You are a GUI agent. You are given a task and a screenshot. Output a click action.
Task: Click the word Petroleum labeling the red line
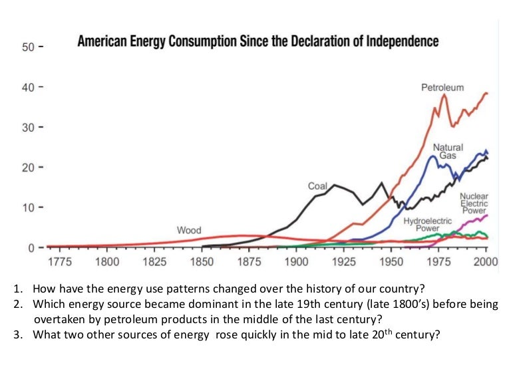coord(442,88)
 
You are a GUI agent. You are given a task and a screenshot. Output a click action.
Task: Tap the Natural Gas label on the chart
coord(448,151)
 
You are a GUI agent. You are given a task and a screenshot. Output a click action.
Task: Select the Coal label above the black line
coord(317,186)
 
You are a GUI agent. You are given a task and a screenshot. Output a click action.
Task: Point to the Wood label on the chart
coord(189,230)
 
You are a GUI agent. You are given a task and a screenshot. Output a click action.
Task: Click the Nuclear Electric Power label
coord(474,204)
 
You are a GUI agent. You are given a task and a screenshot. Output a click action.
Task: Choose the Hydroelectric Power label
coord(428,224)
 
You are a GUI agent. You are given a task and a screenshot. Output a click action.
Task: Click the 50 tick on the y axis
coord(33,49)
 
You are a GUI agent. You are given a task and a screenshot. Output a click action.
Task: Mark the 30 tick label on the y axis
coord(33,128)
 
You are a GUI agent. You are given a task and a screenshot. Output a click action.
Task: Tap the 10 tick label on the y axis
coord(33,207)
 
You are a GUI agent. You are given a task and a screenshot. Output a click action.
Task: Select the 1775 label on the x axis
coord(61,262)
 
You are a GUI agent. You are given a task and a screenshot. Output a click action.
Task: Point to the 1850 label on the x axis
coord(202,262)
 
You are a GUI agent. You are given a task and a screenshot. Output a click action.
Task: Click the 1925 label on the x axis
coord(344,262)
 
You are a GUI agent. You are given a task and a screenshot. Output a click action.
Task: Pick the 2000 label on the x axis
coord(486,262)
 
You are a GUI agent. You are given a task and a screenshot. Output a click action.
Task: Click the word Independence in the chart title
coord(401,41)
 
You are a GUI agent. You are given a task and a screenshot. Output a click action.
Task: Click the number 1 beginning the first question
coord(17,289)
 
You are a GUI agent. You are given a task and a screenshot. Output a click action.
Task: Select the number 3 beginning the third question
coord(17,334)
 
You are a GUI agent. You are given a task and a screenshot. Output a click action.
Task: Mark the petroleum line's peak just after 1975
coord(443,94)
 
